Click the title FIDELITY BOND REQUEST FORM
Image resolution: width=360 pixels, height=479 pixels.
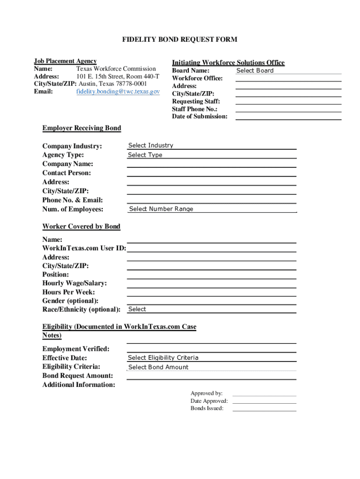(180, 39)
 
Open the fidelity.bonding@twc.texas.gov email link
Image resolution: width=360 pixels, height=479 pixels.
(118, 91)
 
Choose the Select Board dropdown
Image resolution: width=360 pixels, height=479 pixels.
(255, 71)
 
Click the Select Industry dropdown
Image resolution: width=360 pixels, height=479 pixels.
(151, 145)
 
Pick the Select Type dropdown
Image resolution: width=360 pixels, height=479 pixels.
(145, 155)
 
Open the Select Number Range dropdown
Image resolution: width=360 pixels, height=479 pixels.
(161, 209)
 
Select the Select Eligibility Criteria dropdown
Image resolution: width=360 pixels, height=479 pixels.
(163, 358)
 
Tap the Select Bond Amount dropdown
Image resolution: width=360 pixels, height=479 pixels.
(158, 367)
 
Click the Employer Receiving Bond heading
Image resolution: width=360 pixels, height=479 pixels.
(81, 128)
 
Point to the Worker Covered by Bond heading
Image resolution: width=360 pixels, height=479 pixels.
(81, 226)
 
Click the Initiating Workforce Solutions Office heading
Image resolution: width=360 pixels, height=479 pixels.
(228, 63)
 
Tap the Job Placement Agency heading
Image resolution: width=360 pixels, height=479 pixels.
(65, 61)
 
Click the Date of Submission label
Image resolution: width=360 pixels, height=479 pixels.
(200, 116)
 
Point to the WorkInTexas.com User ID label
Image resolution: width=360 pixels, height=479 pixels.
(84, 248)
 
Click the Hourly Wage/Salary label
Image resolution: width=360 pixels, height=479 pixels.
(74, 283)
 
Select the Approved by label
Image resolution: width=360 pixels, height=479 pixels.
(206, 393)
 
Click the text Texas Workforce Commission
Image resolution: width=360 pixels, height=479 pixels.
(116, 69)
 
